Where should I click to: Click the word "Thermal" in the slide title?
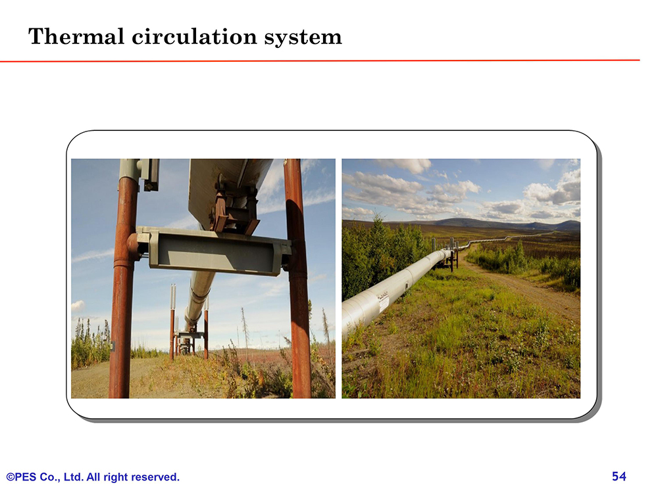click(x=76, y=36)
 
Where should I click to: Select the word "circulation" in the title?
click(x=194, y=36)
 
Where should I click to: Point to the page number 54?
click(x=619, y=476)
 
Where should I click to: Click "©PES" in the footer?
click(x=21, y=477)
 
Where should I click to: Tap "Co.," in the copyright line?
click(x=50, y=477)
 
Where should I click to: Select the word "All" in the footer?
click(x=93, y=477)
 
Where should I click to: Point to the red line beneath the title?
click(x=320, y=60)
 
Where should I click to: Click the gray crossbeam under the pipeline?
click(x=214, y=250)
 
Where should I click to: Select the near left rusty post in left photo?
click(x=124, y=285)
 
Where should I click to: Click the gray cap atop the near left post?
click(x=129, y=169)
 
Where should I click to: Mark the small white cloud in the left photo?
click(x=78, y=306)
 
